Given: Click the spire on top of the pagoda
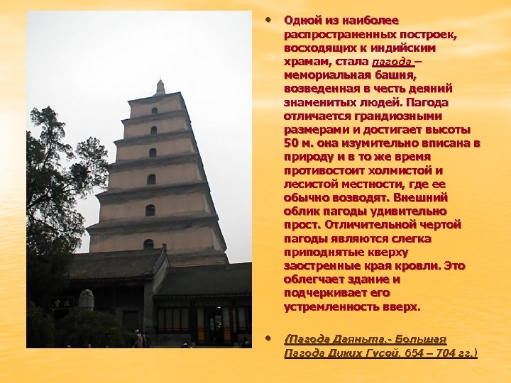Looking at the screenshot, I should point(160,87).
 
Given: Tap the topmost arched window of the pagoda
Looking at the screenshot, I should point(154,111).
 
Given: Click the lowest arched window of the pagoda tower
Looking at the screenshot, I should point(148,244).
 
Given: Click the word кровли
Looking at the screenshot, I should point(419,265).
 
